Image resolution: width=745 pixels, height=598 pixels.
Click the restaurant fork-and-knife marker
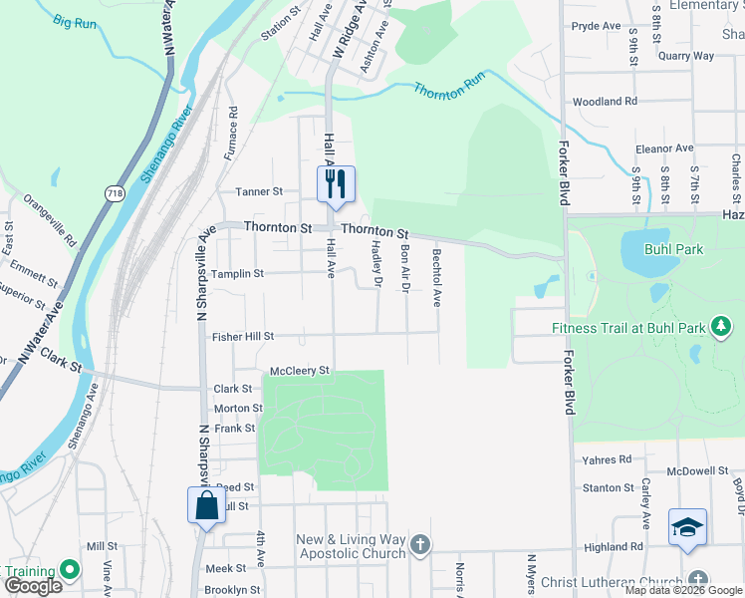[x=336, y=183]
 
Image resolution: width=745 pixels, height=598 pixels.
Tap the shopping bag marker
[x=206, y=504]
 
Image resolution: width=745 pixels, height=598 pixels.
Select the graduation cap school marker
[x=687, y=526]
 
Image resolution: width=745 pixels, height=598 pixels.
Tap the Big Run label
[x=75, y=21]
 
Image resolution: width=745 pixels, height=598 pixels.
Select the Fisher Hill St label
[x=242, y=337]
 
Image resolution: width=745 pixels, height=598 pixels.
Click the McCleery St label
[x=299, y=371]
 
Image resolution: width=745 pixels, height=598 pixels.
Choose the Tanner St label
[x=259, y=191]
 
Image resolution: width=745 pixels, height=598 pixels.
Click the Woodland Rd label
[x=605, y=102]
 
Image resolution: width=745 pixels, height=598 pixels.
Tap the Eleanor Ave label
[x=663, y=149]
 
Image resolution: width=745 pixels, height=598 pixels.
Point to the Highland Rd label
[x=614, y=547]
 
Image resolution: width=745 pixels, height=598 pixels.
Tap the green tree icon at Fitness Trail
[x=721, y=326]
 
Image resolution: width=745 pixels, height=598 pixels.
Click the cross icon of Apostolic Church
[x=420, y=544]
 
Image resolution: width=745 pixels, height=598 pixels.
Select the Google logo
[x=33, y=585]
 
